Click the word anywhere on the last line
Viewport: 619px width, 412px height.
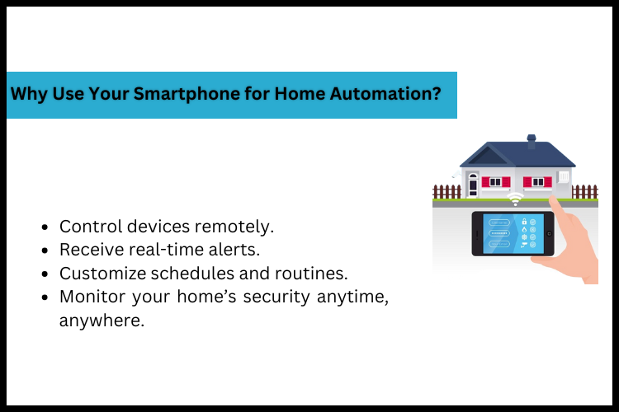(x=102, y=321)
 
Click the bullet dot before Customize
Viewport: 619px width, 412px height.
(x=44, y=274)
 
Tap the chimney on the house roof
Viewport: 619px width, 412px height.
(x=532, y=142)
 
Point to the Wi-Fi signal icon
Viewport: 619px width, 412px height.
(x=516, y=200)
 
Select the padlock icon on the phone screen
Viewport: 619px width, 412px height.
(x=524, y=222)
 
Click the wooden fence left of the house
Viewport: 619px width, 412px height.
(x=447, y=191)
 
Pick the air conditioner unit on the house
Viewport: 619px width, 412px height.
(x=565, y=177)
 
